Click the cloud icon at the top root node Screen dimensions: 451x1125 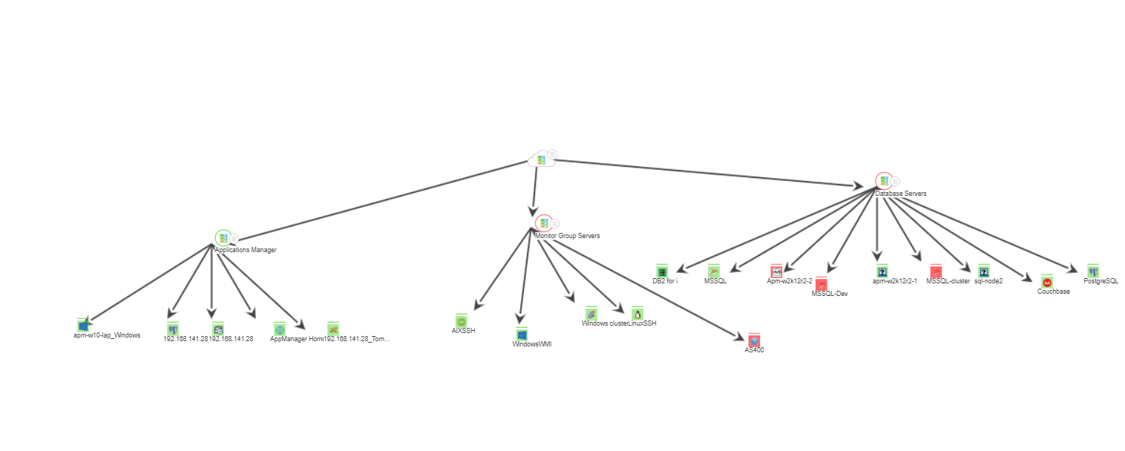coord(541,159)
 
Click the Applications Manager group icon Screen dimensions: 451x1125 coord(223,238)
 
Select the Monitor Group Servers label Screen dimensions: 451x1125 coord(568,236)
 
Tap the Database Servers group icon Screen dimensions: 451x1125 coord(883,180)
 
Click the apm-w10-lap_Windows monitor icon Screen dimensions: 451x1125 coord(84,325)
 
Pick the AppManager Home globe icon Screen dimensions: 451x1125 coord(280,329)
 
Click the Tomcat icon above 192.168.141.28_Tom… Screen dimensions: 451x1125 coord(333,329)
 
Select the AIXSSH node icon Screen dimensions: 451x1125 coord(461,321)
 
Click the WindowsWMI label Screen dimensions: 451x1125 coord(532,344)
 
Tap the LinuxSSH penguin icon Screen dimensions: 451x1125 coord(637,314)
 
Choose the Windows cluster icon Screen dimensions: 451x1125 coord(591,314)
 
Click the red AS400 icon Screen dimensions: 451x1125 coord(755,340)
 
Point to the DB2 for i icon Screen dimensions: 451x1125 coord(663,271)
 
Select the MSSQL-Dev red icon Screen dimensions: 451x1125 coord(821,284)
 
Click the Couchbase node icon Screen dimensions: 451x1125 coord(1047,282)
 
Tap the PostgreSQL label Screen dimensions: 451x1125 coord(1101,282)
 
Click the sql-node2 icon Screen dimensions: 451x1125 coord(984,271)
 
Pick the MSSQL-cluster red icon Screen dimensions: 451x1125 coord(936,271)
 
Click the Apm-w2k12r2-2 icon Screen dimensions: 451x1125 coord(776,271)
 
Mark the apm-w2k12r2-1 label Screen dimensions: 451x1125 coord(895,282)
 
